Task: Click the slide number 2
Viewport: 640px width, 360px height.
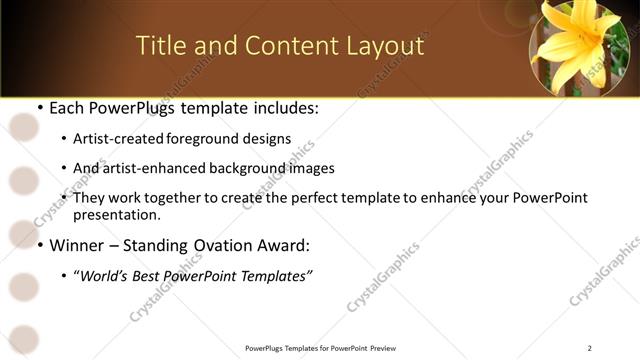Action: (589, 348)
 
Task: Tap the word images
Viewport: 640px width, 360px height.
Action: (310, 168)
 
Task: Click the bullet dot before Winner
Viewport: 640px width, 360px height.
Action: (39, 245)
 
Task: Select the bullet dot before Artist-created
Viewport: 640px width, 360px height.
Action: (64, 139)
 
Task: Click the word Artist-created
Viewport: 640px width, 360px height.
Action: (115, 139)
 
